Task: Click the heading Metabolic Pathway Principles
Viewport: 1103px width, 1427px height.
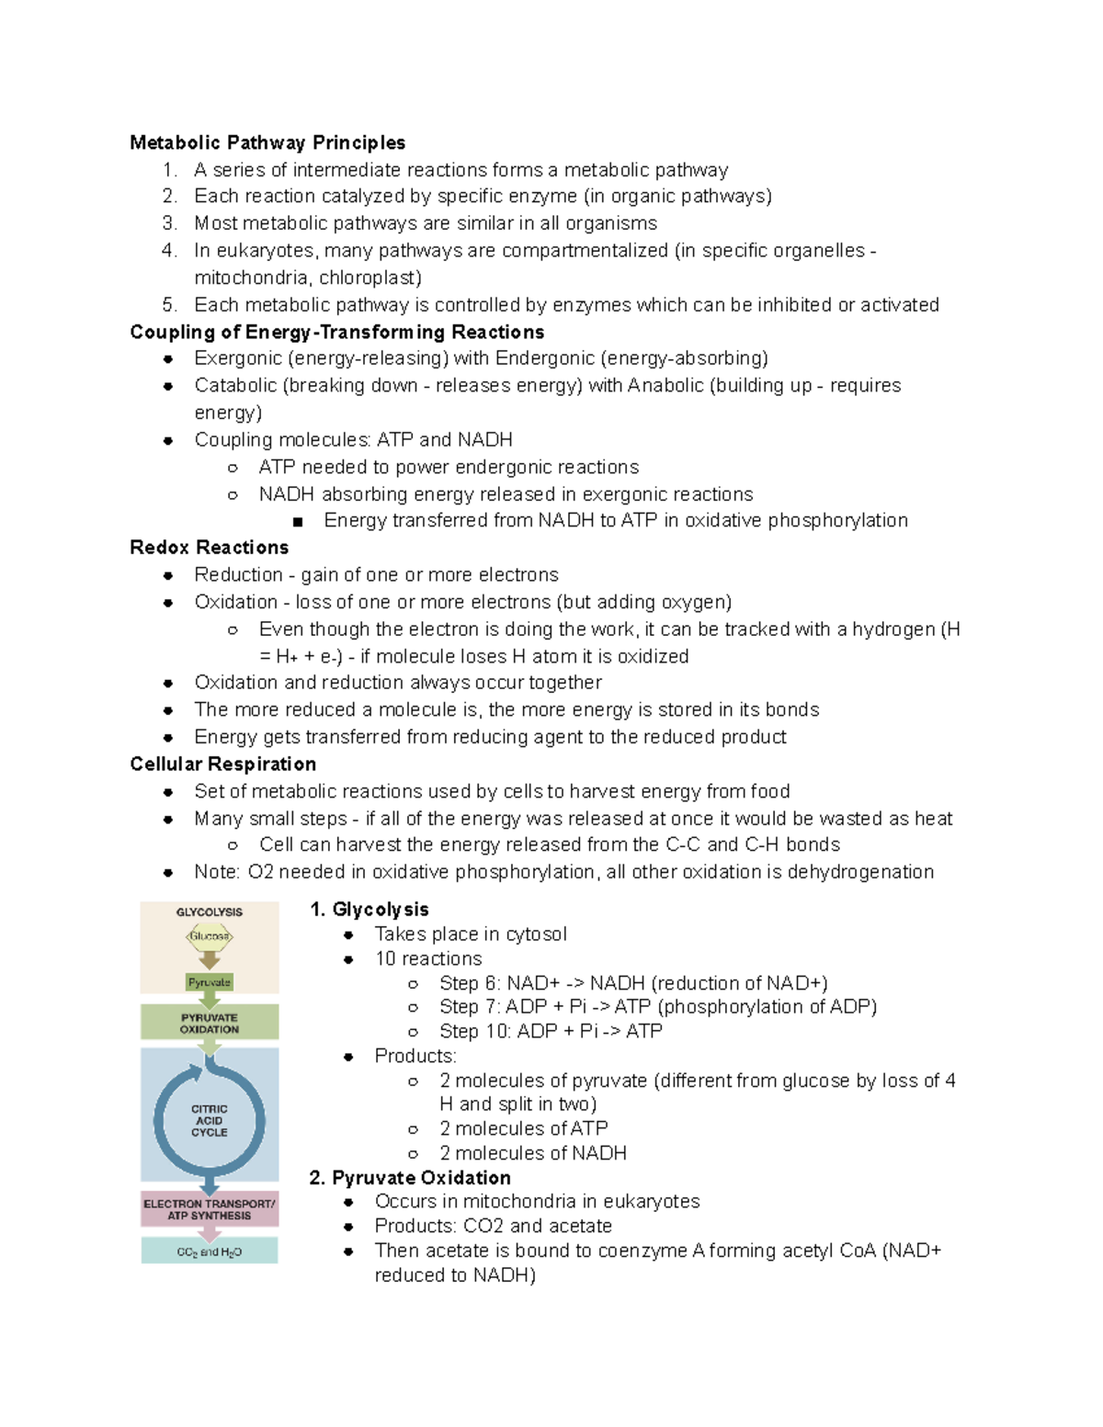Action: (267, 142)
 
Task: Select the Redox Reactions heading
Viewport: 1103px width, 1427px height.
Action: (209, 548)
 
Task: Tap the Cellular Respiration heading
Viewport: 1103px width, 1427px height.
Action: (222, 764)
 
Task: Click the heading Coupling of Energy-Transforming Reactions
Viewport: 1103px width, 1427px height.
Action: (336, 332)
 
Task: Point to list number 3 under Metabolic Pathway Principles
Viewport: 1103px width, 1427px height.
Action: (169, 223)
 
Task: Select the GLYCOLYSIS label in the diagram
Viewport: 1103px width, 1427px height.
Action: (210, 912)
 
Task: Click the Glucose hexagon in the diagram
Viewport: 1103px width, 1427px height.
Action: (210, 936)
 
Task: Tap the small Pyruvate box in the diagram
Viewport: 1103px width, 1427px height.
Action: (210, 982)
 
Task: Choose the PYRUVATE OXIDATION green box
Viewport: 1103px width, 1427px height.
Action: (210, 1024)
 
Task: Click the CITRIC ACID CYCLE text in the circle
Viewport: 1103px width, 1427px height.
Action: (210, 1121)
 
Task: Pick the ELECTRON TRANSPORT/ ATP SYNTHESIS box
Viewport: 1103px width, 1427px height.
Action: (210, 1209)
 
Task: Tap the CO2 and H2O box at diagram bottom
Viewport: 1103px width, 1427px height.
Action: (210, 1251)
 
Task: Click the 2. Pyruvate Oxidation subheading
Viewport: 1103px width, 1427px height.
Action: (410, 1178)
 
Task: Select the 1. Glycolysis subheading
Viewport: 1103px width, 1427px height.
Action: (370, 910)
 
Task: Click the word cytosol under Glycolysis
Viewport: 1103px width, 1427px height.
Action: (536, 934)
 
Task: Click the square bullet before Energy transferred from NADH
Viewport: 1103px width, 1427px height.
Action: (298, 522)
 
